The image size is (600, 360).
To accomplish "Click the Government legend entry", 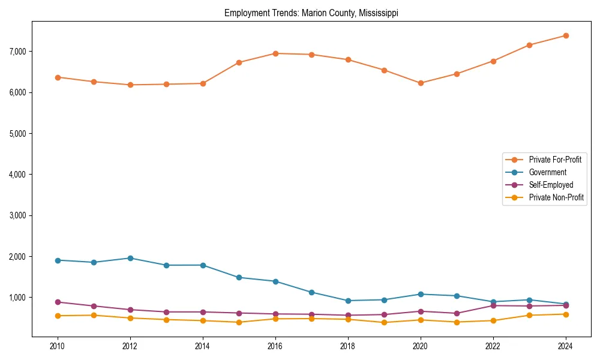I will click(x=547, y=172).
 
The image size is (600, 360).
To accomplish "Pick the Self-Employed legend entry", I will click(x=551, y=185).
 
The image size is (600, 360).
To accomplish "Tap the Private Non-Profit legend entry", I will click(x=556, y=197).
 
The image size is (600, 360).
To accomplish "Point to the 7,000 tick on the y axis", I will click(x=17, y=52).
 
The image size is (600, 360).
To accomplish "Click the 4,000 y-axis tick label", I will click(x=17, y=175).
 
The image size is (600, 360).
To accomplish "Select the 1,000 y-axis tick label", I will click(x=17, y=298).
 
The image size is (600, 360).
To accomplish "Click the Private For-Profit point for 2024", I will click(x=565, y=35).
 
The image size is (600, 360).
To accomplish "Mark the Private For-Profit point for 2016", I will click(x=275, y=53).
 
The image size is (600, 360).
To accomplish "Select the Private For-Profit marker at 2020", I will click(x=420, y=83).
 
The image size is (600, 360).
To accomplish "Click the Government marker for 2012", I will click(x=130, y=258).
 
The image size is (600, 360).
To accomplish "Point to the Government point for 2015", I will click(x=239, y=277).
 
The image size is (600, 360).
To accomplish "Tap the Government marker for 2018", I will click(x=347, y=301).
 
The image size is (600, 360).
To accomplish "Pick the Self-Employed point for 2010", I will click(x=58, y=302).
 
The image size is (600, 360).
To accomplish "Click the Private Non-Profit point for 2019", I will click(x=384, y=322).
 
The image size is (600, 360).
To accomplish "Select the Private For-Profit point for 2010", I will click(x=58, y=77).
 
